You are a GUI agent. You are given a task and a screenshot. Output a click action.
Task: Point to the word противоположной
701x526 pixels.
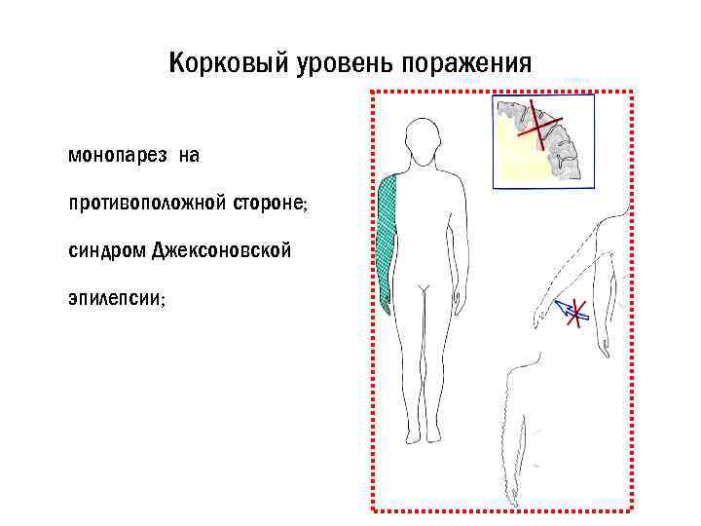click(x=147, y=204)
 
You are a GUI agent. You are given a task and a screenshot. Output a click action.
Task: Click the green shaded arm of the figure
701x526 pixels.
click(x=387, y=234)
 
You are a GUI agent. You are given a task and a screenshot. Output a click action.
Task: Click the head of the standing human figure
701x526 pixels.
click(x=423, y=141)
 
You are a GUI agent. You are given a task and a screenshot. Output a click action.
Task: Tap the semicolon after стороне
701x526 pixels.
click(x=306, y=206)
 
